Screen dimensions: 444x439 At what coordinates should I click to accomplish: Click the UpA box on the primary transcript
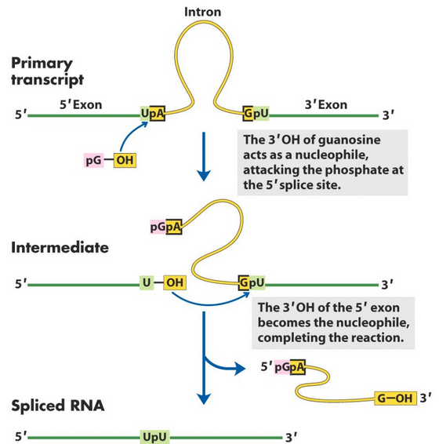click(x=152, y=115)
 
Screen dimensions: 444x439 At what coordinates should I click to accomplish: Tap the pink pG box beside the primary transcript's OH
click(x=94, y=162)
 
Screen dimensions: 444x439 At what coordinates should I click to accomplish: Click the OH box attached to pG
click(x=124, y=162)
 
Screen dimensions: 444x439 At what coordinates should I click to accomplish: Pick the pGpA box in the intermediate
click(x=165, y=227)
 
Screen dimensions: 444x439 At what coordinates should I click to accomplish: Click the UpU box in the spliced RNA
click(x=153, y=435)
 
